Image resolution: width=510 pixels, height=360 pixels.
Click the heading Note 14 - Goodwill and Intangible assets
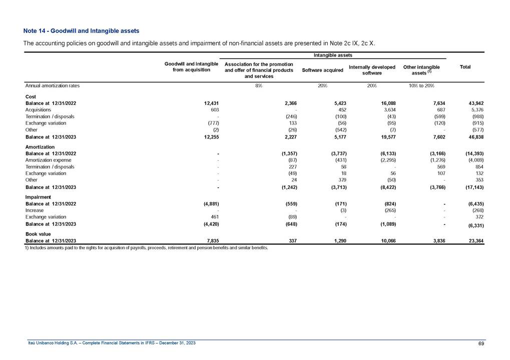(81, 31)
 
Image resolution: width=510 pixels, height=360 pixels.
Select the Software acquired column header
(322, 70)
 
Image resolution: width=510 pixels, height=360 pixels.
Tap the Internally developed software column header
(372, 70)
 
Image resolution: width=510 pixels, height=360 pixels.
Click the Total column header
(464, 66)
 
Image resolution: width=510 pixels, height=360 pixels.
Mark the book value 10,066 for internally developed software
(386, 241)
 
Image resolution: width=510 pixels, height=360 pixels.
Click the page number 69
(481, 342)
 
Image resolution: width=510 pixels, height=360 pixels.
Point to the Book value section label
(38, 233)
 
